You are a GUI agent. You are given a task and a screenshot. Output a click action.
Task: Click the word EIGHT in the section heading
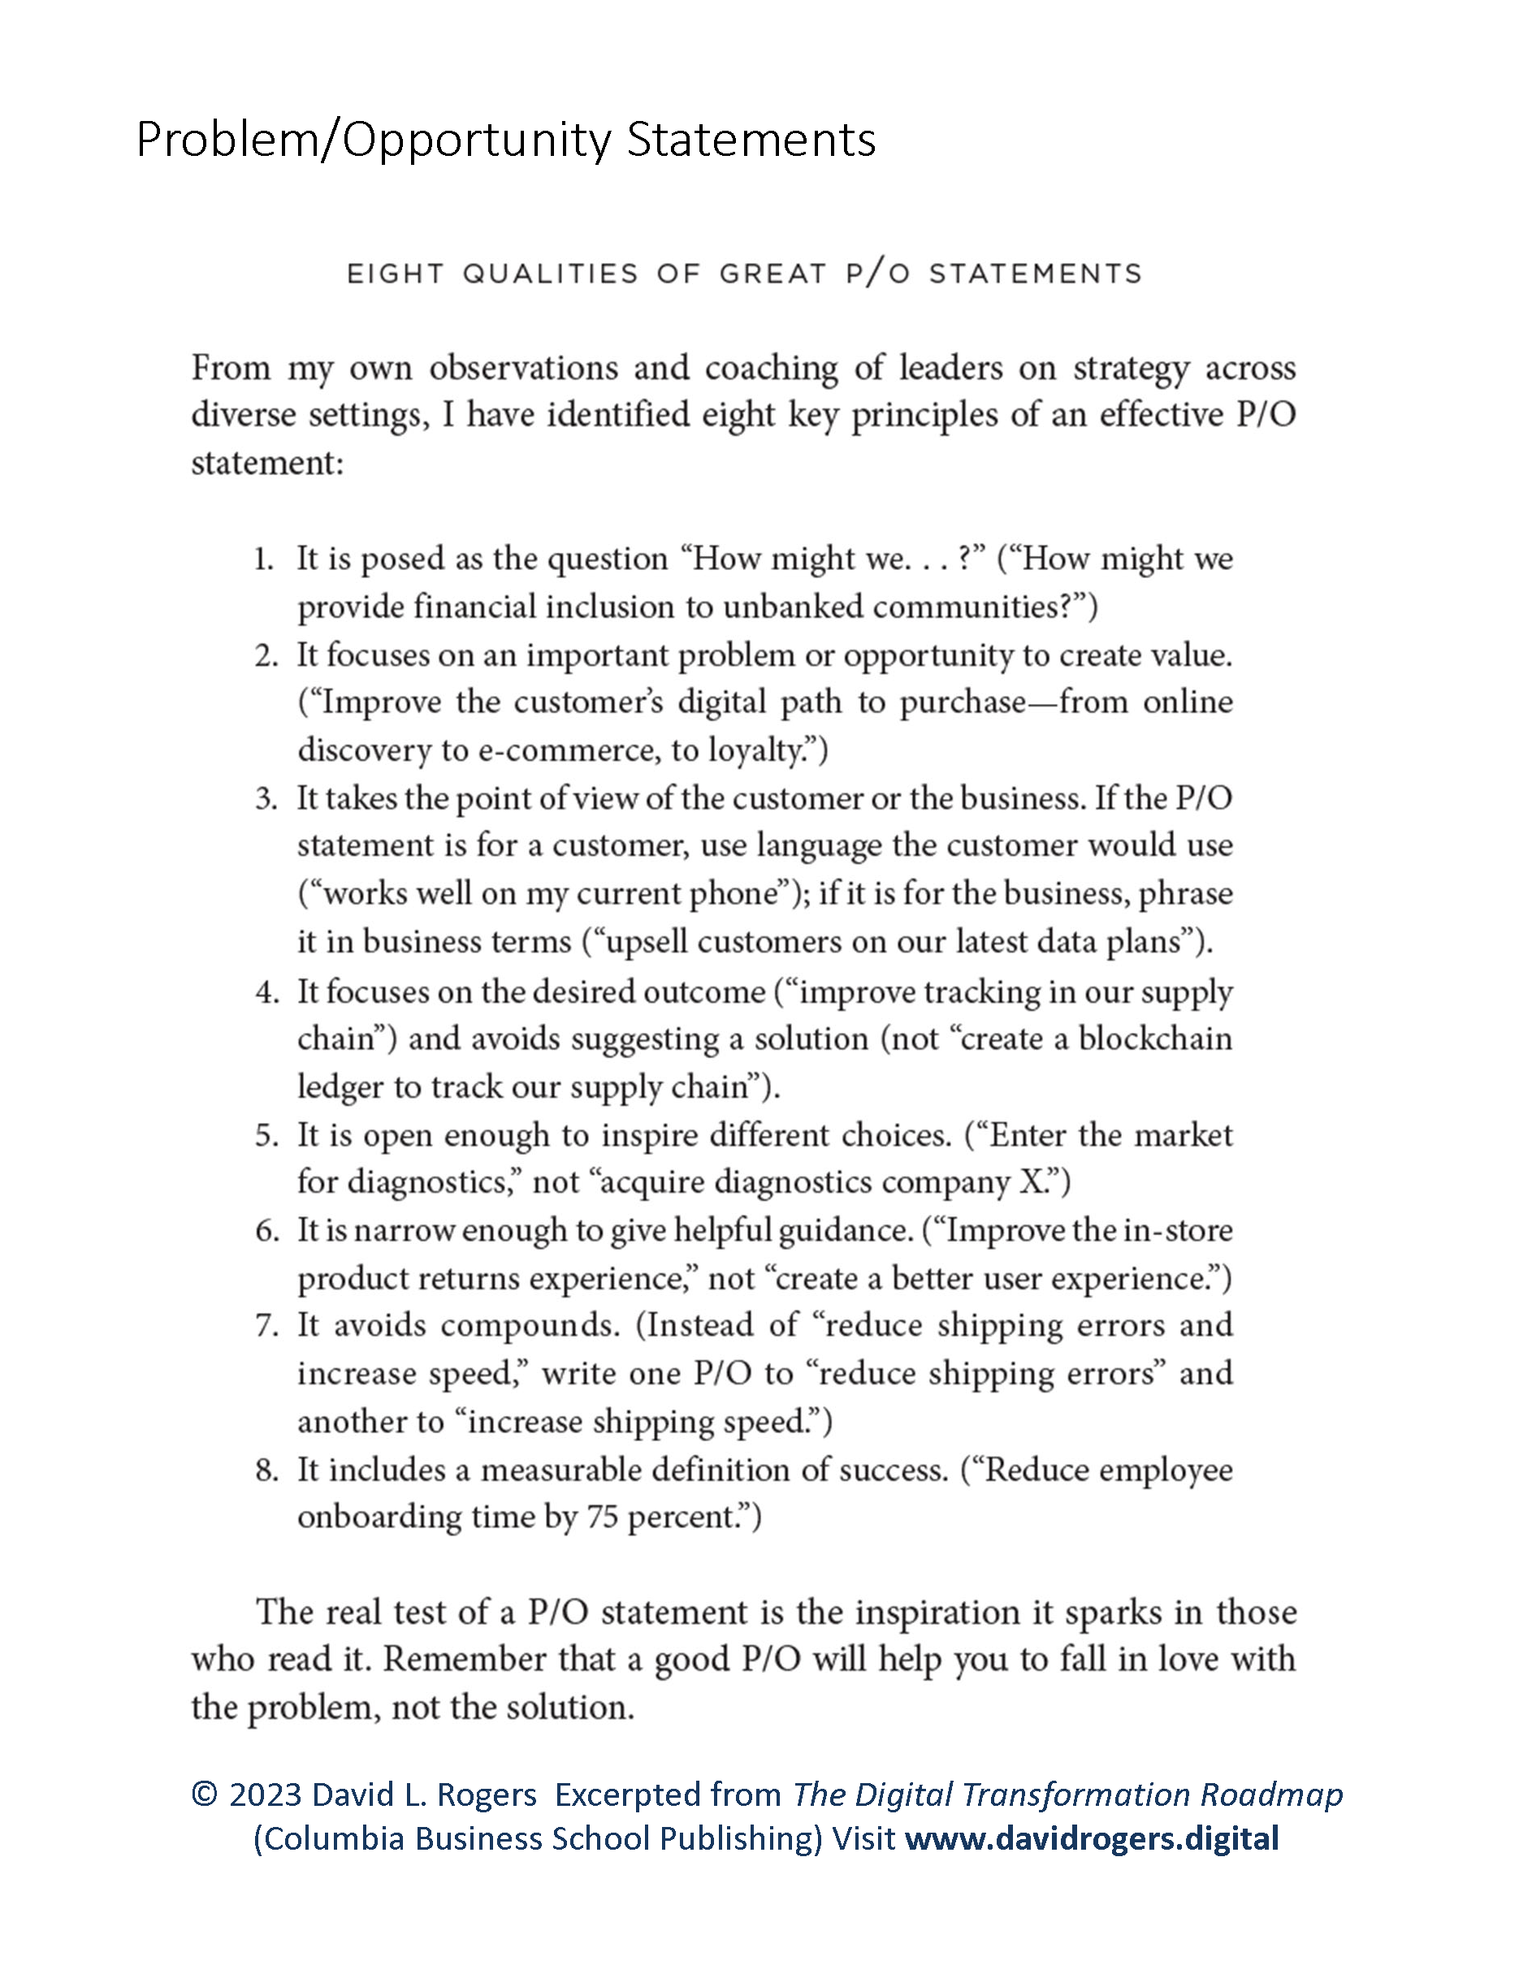[x=396, y=274]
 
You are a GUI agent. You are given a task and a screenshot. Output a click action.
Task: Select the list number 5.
[x=266, y=1135]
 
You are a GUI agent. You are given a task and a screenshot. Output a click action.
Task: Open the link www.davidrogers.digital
[x=1092, y=1838]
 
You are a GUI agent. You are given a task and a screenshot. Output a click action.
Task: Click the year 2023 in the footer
[x=266, y=1795]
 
